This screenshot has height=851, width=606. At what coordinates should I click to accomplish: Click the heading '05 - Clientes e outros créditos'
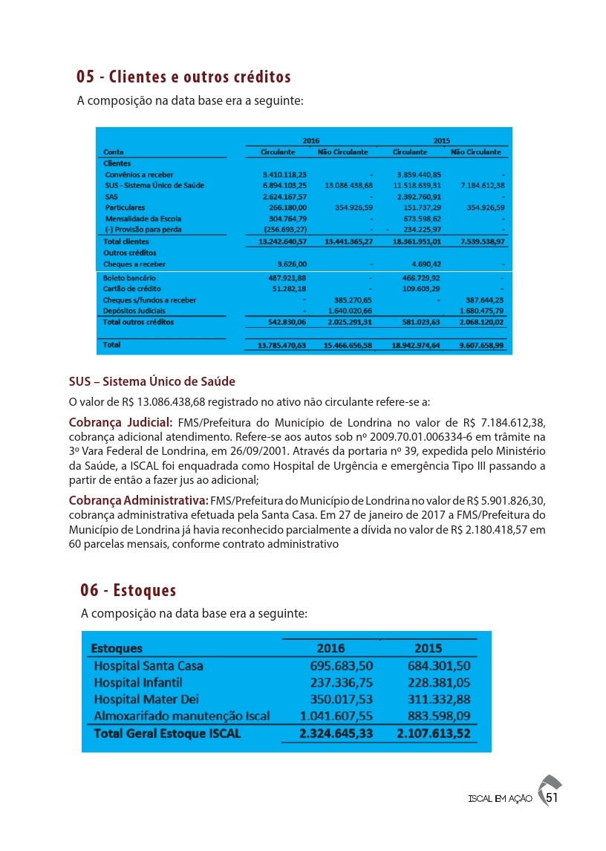coord(183,77)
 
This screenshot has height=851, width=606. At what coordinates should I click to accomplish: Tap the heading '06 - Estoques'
coord(128,590)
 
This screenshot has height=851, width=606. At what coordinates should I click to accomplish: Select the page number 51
coord(552,798)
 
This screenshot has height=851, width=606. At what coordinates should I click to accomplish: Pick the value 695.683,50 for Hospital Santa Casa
coord(341,666)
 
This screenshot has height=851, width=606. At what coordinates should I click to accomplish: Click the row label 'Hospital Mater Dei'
coord(146,699)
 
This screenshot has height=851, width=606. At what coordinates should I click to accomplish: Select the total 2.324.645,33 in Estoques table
coord(336,734)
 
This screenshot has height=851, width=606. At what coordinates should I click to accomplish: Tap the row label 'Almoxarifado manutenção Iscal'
coord(181,716)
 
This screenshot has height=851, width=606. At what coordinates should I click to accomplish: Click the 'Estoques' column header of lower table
coord(117,648)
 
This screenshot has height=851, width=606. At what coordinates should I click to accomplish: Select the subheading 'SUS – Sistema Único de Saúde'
coord(151,382)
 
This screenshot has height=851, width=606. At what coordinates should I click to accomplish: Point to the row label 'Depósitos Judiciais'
coord(134,311)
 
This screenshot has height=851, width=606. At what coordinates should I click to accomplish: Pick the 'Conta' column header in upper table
coord(114,152)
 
